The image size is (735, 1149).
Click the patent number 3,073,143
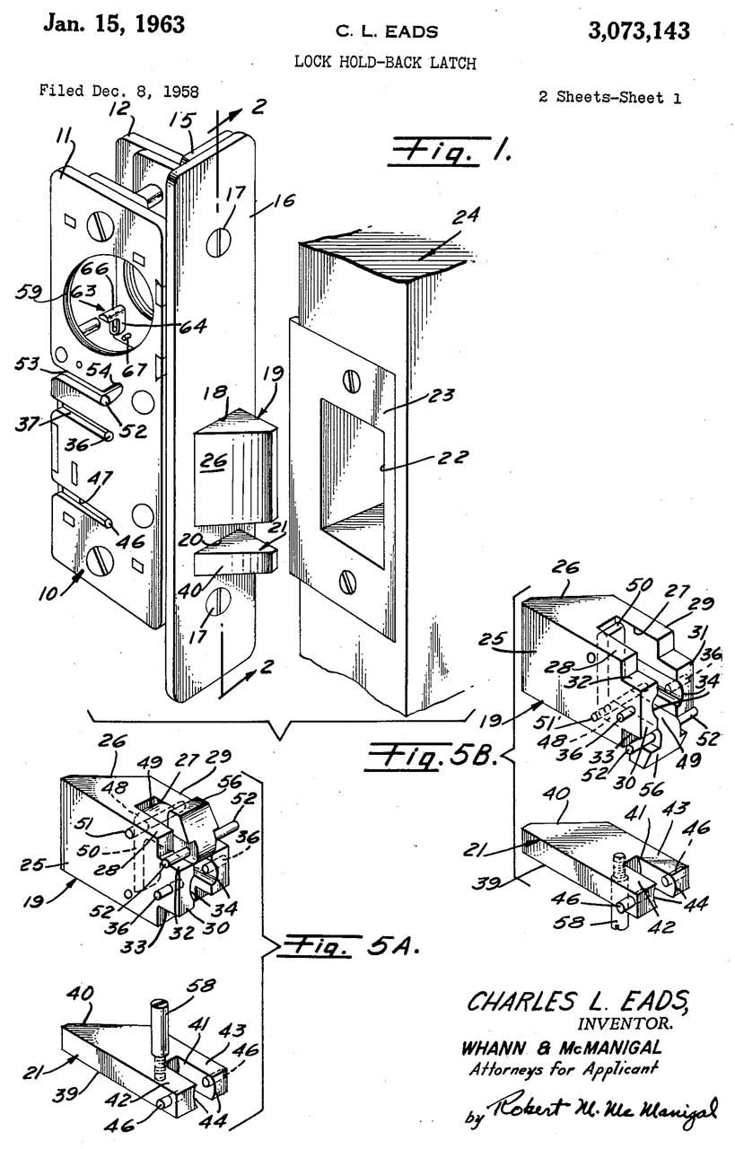click(x=639, y=31)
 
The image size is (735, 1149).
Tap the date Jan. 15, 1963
click(x=115, y=25)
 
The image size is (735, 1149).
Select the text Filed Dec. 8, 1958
click(x=118, y=92)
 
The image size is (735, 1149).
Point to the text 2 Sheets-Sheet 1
click(x=609, y=97)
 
